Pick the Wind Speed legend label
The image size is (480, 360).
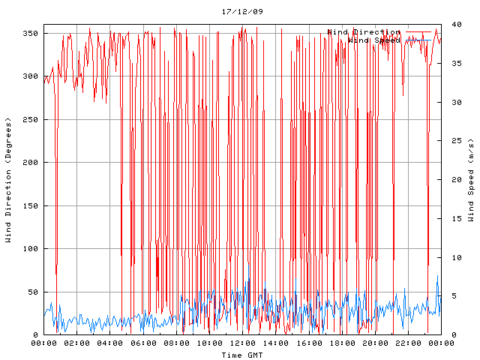point(374,40)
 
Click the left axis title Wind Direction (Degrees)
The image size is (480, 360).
point(8,180)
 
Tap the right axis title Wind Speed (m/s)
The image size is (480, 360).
point(471,180)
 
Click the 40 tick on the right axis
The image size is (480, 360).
point(454,25)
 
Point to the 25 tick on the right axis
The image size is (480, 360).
point(454,141)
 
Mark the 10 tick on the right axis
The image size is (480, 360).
point(454,257)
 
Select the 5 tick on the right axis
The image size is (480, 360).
point(451,296)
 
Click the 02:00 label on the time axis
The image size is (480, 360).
point(77,343)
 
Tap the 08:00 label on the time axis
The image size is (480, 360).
point(176,343)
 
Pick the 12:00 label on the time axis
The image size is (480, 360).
point(242,343)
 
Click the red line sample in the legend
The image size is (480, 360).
point(419,32)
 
